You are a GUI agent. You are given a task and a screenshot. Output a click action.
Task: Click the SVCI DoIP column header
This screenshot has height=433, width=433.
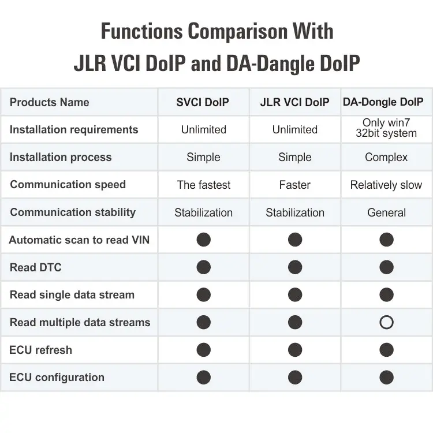click(203, 103)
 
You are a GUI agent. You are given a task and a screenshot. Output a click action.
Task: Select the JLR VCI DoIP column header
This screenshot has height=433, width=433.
click(294, 103)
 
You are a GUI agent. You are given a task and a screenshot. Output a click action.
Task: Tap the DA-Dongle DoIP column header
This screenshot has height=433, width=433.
click(386, 103)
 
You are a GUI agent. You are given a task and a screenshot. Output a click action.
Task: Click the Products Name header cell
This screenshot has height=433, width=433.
click(50, 103)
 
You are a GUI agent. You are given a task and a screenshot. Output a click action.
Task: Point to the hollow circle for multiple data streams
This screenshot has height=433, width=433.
click(386, 322)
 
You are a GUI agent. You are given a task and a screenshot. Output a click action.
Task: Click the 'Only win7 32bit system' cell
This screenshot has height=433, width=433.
click(386, 128)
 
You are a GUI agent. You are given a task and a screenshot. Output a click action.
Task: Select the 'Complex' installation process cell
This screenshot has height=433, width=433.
click(386, 157)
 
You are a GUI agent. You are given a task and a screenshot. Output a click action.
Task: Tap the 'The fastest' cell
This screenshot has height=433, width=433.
click(203, 185)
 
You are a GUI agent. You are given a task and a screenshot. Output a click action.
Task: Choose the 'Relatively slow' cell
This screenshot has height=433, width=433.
click(386, 185)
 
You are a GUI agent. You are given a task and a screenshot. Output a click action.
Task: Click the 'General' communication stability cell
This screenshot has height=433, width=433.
click(386, 212)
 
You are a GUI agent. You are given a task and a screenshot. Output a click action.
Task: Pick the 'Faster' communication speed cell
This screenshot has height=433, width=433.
click(294, 185)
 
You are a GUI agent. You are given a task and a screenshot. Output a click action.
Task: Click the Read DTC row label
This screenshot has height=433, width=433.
click(36, 267)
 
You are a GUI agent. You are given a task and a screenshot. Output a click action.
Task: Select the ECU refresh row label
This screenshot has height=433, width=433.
click(41, 350)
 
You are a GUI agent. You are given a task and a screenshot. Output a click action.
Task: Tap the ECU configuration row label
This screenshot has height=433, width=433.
click(57, 378)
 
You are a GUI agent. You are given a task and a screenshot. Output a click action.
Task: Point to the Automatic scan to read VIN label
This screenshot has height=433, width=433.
click(79, 240)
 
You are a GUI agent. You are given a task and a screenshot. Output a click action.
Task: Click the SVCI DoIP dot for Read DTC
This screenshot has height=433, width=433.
click(203, 267)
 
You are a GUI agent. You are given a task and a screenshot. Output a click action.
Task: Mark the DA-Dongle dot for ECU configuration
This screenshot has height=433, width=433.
click(386, 378)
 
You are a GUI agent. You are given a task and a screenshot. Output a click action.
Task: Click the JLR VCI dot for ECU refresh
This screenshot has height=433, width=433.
click(294, 350)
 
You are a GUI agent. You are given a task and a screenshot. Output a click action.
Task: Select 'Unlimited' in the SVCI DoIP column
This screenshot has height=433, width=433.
click(203, 130)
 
